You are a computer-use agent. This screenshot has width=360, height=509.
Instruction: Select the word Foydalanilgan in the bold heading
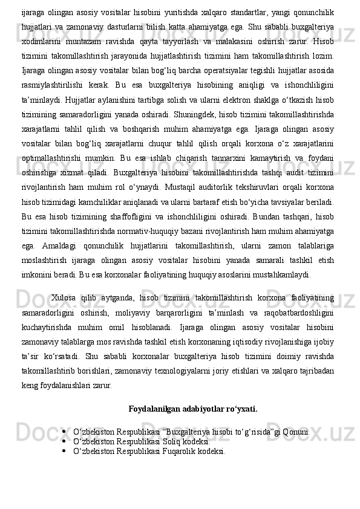pos(152,408)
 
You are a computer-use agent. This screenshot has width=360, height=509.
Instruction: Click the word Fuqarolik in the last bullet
pos(162,451)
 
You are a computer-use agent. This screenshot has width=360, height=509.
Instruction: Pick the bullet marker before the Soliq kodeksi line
pos(64,441)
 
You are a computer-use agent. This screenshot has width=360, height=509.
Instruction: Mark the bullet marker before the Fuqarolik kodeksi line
pos(64,451)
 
